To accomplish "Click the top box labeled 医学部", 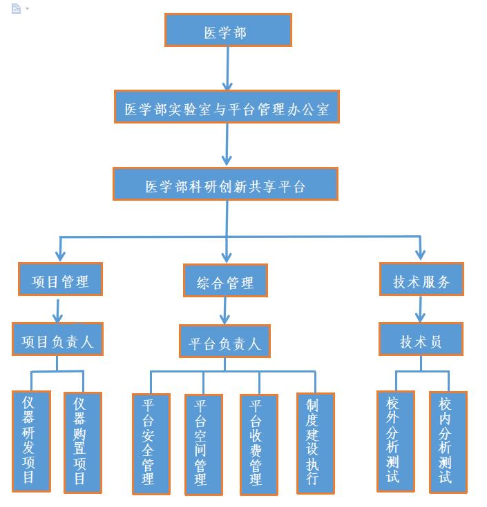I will (x=227, y=30).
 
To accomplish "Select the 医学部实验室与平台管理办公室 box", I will (x=227, y=107).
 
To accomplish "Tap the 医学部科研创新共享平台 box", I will (x=225, y=184).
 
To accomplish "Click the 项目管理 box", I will (x=60, y=280).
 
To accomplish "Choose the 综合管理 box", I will (x=225, y=281).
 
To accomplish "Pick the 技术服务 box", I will (x=421, y=279).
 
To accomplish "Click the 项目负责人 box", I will (x=57, y=339).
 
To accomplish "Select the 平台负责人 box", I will (x=225, y=341).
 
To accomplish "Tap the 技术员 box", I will (x=421, y=339).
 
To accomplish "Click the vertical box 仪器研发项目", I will (x=31, y=441).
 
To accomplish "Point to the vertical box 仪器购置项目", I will (x=82, y=442).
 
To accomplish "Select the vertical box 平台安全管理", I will (x=151, y=444).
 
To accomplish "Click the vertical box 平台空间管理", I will (x=203, y=444).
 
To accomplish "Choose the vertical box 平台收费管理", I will (x=258, y=444).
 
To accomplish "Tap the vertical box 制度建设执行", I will (x=315, y=443).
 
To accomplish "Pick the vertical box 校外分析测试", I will (x=395, y=441).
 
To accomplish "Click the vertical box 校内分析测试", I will (x=448, y=441).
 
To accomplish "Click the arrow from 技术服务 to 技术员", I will (x=420, y=309).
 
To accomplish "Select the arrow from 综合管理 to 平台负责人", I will (x=225, y=311).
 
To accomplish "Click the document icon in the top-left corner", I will (x=16, y=8).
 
